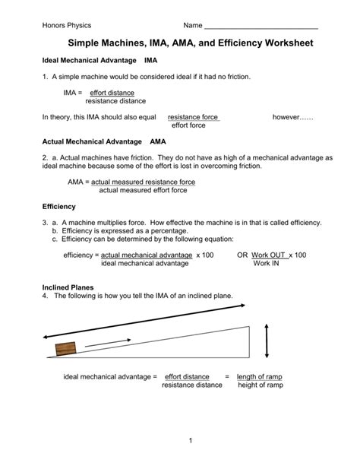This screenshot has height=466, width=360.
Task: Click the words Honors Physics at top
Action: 66,26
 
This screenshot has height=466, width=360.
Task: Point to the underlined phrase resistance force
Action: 193,117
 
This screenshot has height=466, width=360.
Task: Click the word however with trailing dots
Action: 292,117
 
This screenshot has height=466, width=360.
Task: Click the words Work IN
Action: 266,264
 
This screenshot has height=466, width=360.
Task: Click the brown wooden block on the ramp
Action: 66,348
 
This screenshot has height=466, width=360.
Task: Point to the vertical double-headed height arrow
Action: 267,330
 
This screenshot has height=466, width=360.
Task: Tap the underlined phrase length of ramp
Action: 260,376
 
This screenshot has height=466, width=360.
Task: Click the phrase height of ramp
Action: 260,385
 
